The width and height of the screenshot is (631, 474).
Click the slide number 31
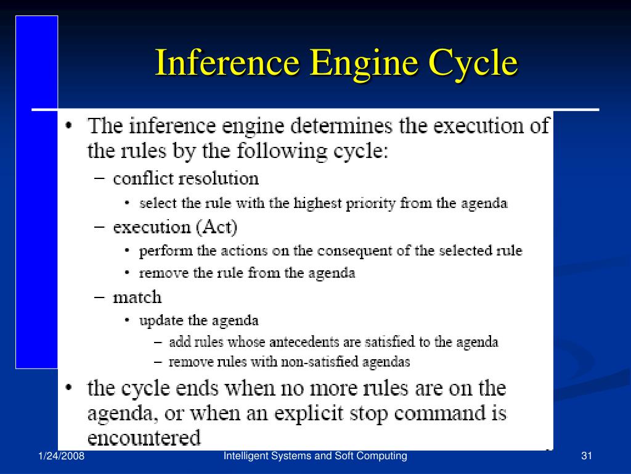[586, 456]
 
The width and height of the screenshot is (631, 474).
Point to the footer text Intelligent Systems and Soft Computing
[315, 456]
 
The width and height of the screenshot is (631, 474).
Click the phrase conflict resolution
[185, 179]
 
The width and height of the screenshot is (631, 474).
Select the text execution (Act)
[175, 227]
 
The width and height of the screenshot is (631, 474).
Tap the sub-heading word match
[137, 297]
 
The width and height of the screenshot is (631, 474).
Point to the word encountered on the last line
[144, 438]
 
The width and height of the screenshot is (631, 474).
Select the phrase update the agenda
[199, 320]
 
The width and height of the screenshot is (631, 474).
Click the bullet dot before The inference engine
[70, 127]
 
